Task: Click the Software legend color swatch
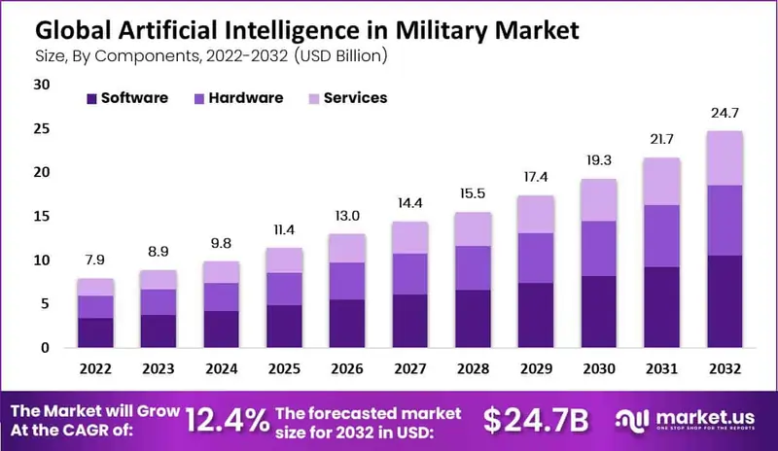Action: (91, 98)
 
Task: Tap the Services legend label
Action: (355, 98)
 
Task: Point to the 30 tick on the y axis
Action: (41, 85)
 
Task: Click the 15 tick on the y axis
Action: (41, 216)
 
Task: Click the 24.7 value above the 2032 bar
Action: (724, 115)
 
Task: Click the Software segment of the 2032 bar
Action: (724, 301)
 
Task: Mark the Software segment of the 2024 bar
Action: (222, 329)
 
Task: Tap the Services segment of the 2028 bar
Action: (473, 228)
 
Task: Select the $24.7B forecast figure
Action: (537, 419)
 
